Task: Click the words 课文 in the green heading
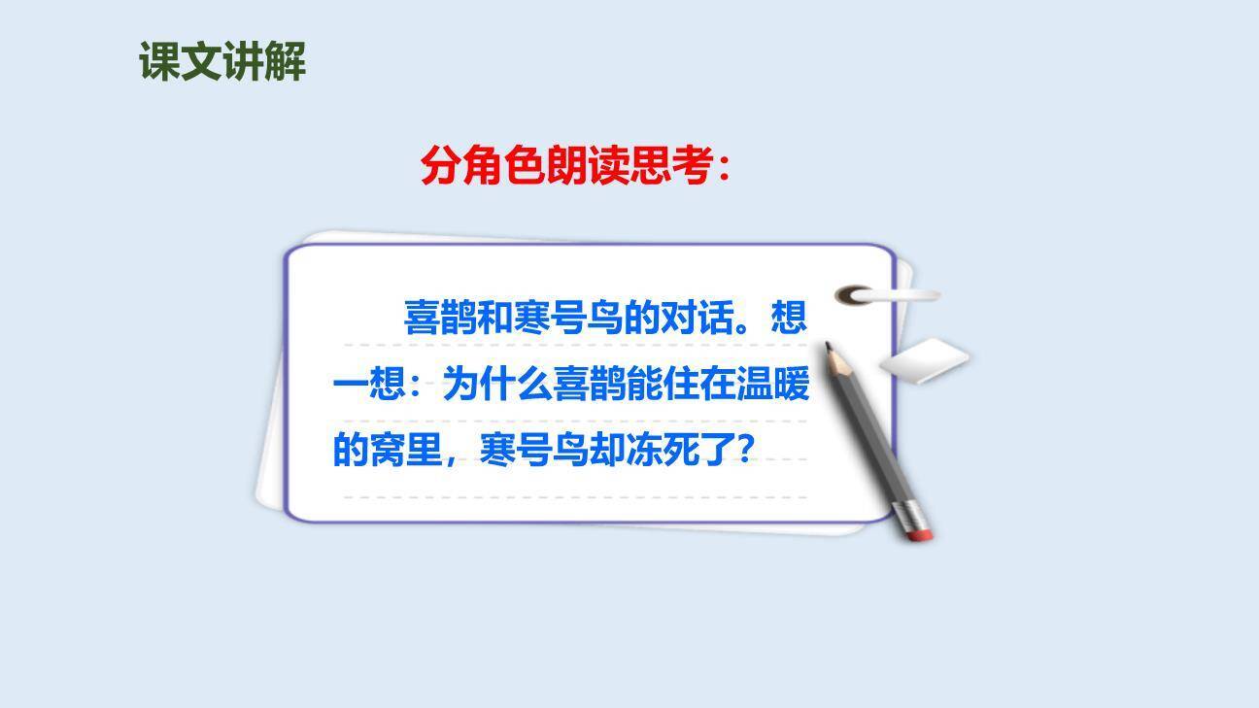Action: pyautogui.click(x=181, y=62)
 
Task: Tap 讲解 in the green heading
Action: pyautogui.click(x=264, y=62)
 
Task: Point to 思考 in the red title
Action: pyautogui.click(x=670, y=166)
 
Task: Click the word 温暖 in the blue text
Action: pyautogui.click(x=774, y=386)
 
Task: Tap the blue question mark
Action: pyautogui.click(x=744, y=449)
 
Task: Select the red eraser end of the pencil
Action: pyautogui.click(x=918, y=529)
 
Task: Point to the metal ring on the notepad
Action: pyautogui.click(x=856, y=294)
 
